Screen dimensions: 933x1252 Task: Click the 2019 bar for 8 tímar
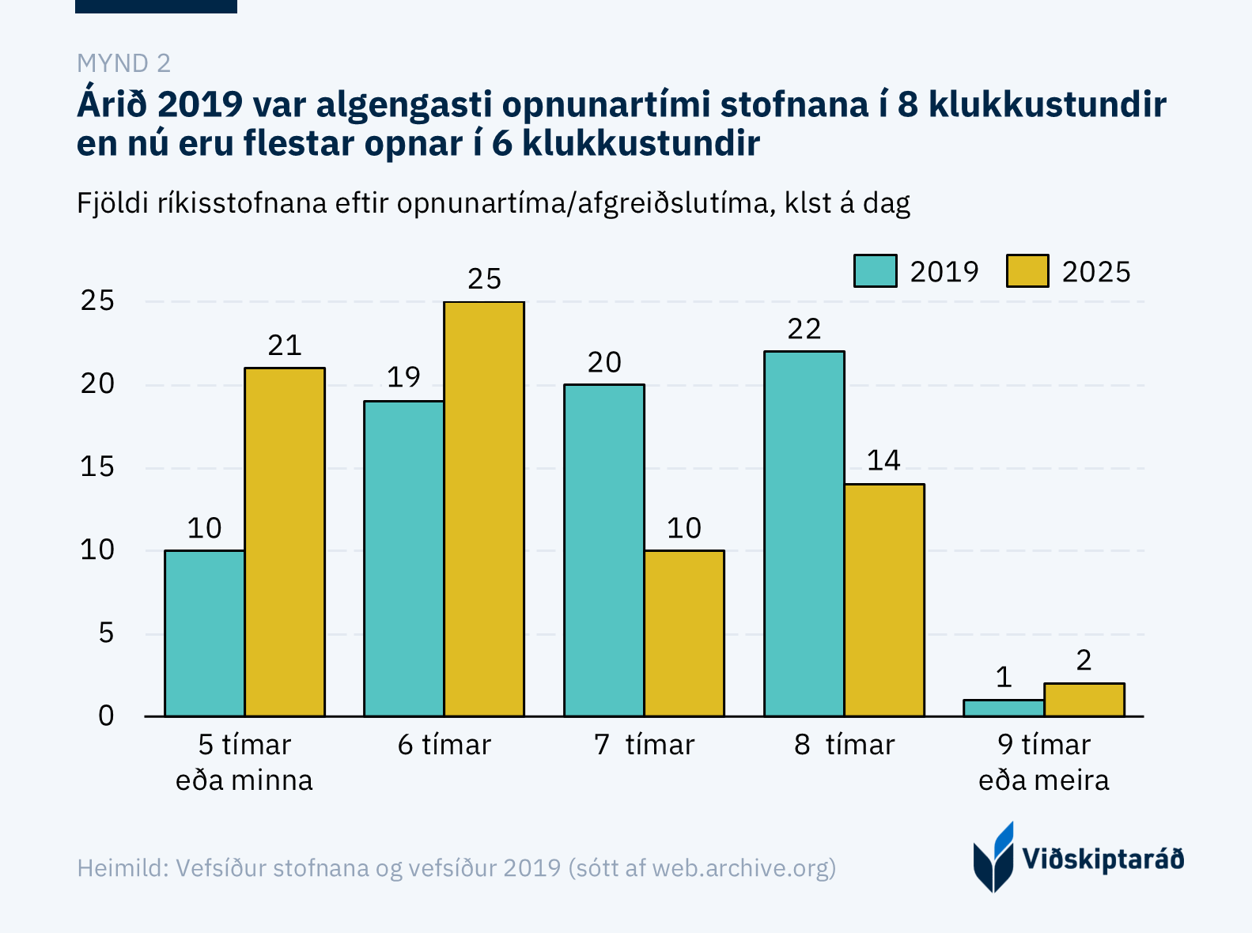[804, 534]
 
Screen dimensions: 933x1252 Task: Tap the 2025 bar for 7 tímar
[684, 633]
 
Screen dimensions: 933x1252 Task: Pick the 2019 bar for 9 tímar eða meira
[1004, 708]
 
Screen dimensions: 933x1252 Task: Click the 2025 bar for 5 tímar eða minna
[285, 542]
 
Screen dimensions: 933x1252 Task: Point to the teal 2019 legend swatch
[875, 271]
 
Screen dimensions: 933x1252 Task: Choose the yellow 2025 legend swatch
[1027, 271]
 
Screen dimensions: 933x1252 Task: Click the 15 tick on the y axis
[97, 467]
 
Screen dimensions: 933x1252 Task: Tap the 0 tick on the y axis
[106, 716]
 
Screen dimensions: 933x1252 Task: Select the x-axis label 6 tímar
[444, 745]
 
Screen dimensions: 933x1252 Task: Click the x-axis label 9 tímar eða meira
[1043, 762]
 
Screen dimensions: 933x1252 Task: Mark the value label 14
[883, 461]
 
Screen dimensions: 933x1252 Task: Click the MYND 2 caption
[123, 63]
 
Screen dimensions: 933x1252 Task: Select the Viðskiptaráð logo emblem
[993, 858]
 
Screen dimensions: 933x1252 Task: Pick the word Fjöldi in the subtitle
[112, 204]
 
